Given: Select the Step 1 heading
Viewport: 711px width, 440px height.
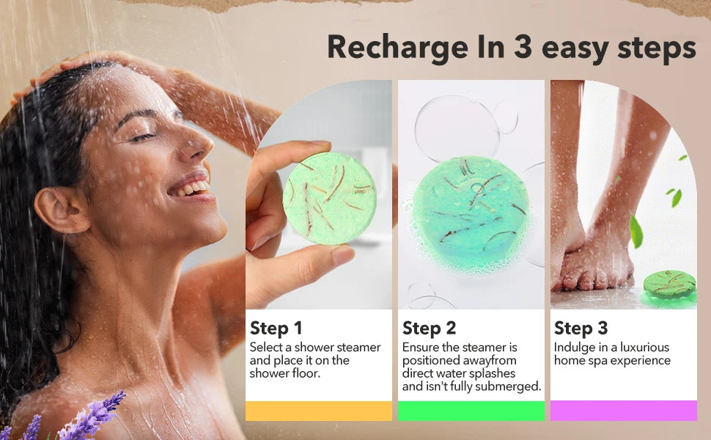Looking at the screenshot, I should pyautogui.click(x=276, y=328).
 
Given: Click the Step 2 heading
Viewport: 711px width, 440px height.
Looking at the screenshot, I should pyautogui.click(x=429, y=328).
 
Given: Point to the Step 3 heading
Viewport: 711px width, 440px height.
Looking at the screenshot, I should pyautogui.click(x=581, y=328).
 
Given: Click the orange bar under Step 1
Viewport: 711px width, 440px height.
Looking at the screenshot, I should pyautogui.click(x=318, y=411).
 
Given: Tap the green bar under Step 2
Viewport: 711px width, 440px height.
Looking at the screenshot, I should pyautogui.click(x=471, y=411).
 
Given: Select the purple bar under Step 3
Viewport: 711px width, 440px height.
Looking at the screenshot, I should pyautogui.click(x=623, y=411).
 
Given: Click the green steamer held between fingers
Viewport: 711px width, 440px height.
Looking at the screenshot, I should pyautogui.click(x=329, y=198).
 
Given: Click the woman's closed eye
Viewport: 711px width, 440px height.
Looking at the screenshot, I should pyautogui.click(x=144, y=136).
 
